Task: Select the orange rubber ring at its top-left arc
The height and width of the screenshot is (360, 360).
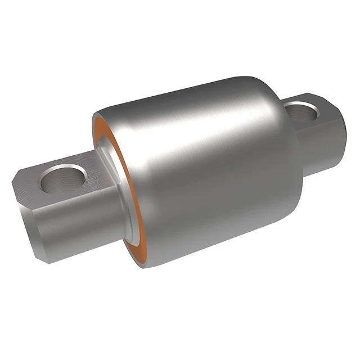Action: [99, 127]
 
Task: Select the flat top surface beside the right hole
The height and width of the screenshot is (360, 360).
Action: [321, 107]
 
